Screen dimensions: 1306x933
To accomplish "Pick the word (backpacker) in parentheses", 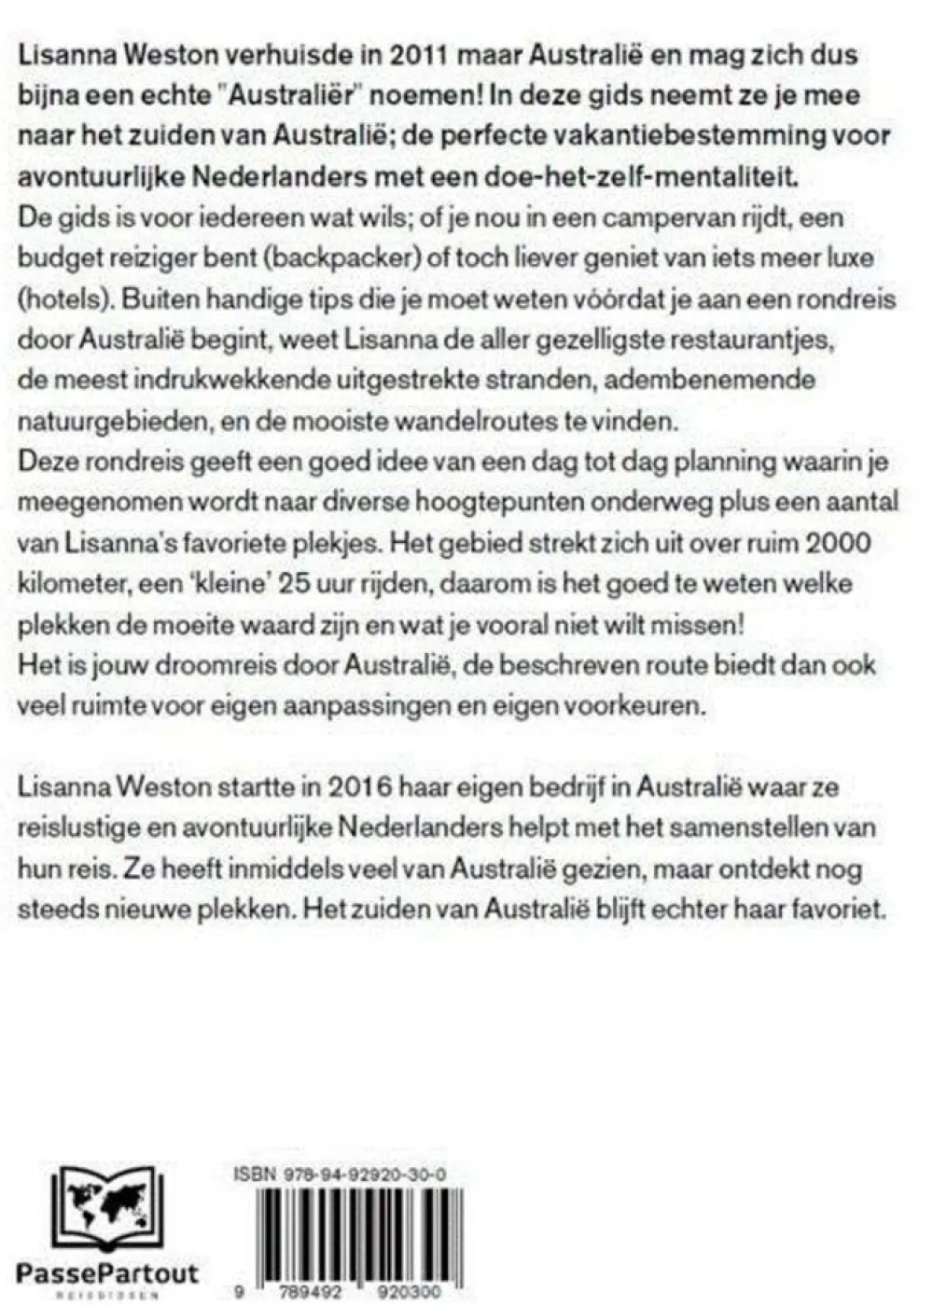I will pos(317,257).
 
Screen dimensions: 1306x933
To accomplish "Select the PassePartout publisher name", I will pos(107,1272).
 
